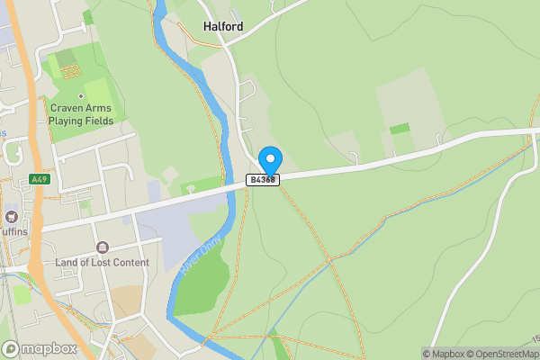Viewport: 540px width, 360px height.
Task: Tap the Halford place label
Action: click(222, 27)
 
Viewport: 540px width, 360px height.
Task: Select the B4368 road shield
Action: click(264, 180)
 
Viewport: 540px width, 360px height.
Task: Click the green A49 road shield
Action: click(38, 179)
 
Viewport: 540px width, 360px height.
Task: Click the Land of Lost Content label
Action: click(102, 262)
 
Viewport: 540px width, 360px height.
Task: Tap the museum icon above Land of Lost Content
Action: click(101, 247)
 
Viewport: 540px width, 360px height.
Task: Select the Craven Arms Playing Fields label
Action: click(80, 114)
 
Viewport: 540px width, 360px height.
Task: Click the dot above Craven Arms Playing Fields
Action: click(80, 95)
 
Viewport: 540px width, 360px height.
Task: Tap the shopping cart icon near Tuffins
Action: click(12, 216)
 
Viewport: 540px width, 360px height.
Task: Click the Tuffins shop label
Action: click(13, 230)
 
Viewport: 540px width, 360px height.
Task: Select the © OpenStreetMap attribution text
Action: click(499, 354)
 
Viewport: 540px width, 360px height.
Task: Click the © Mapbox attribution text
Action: click(440, 354)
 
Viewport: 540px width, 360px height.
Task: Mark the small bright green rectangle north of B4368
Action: click(400, 129)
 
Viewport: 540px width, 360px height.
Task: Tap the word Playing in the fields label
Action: click(69, 121)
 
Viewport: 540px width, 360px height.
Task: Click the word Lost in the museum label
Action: click(102, 262)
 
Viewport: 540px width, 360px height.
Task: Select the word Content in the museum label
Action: click(129, 262)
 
